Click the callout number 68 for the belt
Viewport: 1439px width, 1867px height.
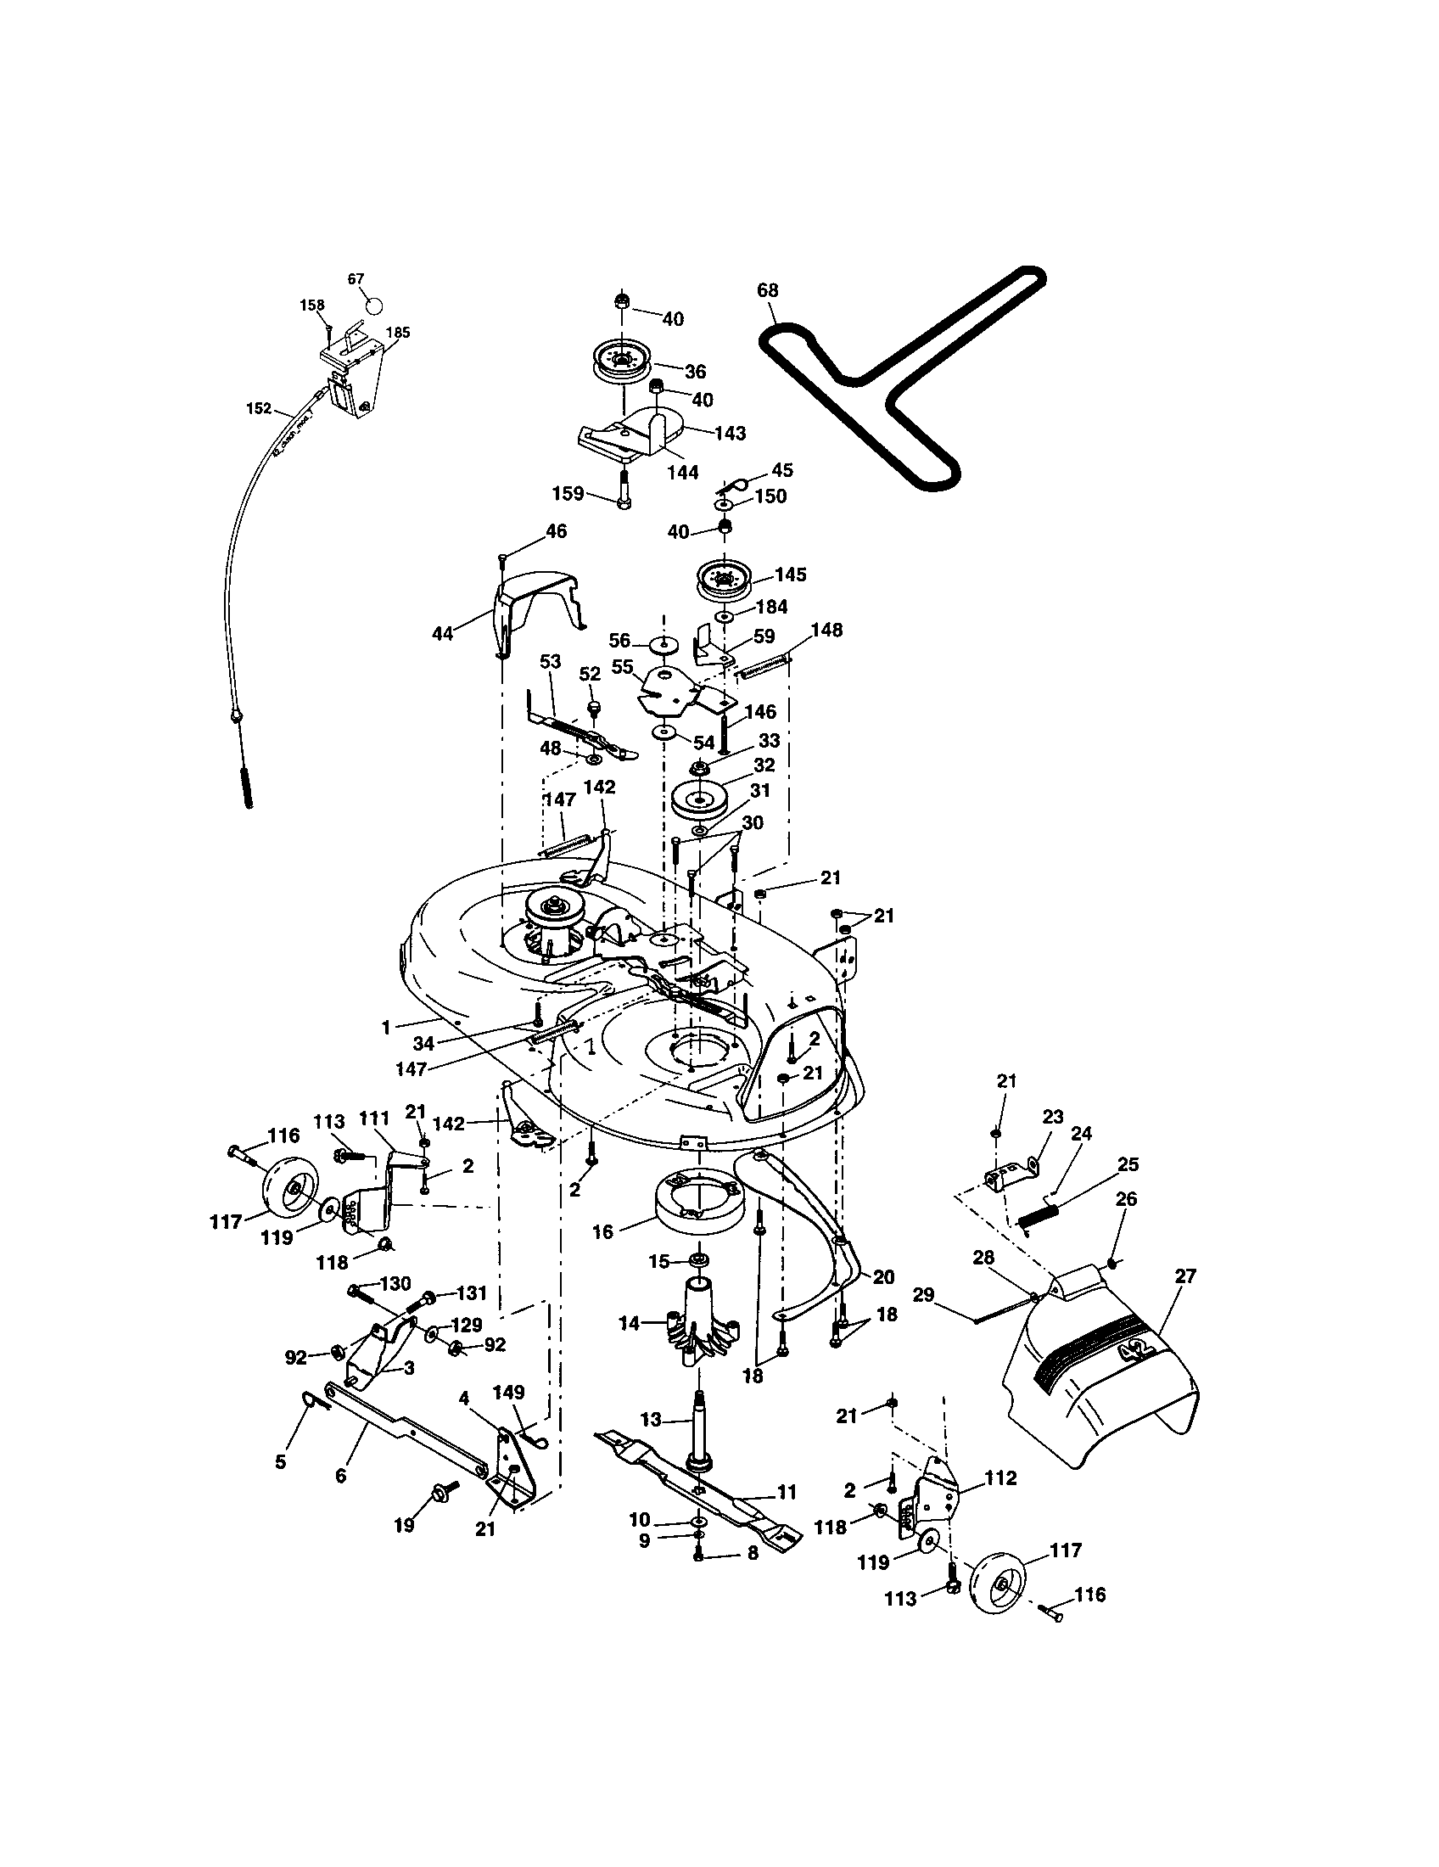(x=767, y=289)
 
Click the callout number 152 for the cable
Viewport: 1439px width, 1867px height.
(x=258, y=409)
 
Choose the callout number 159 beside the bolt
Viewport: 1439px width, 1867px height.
(x=568, y=493)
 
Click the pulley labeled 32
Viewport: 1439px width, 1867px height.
(x=699, y=800)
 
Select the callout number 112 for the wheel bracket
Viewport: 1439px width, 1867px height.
(x=999, y=1478)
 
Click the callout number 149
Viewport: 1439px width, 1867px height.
(x=509, y=1393)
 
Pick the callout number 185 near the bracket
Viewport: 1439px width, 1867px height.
(x=397, y=332)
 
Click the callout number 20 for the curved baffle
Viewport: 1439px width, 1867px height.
(x=882, y=1277)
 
